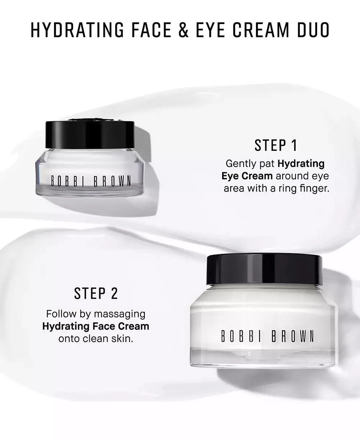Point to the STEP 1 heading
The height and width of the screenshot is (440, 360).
click(276, 145)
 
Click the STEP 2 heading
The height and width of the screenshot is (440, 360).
click(96, 293)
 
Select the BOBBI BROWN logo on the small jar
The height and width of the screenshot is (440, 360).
click(91, 180)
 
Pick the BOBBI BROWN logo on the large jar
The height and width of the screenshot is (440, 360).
click(267, 336)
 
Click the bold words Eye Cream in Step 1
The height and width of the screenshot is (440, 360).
click(247, 176)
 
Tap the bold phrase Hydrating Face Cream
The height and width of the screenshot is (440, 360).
click(96, 326)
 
